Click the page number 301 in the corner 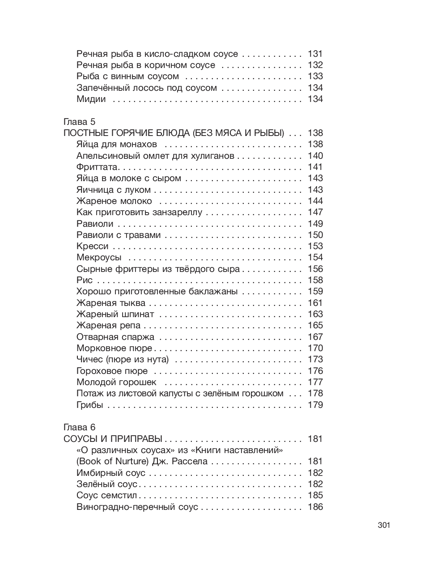(x=384, y=525)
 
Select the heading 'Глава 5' (x=80, y=122)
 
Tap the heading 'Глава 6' (x=80, y=428)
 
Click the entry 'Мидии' (x=91, y=99)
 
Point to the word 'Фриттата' (x=97, y=167)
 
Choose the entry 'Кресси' (x=92, y=246)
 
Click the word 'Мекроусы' (x=99, y=258)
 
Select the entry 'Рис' (x=85, y=280)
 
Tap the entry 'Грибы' (x=89, y=405)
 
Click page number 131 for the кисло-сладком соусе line (x=315, y=54)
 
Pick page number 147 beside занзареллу (x=315, y=212)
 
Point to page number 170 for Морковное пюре (x=315, y=348)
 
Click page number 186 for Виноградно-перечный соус (x=315, y=507)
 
